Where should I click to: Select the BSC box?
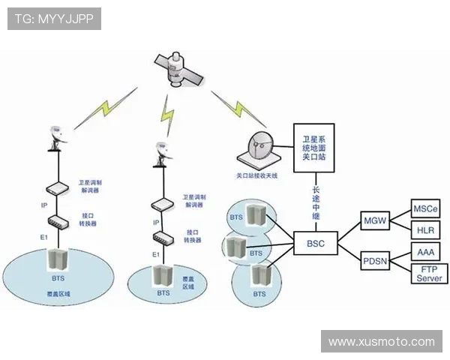tap(316, 244)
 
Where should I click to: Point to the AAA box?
tap(425, 252)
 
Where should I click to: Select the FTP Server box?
tap(430, 273)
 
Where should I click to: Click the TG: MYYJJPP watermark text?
tap(54, 19)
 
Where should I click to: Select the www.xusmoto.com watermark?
tap(382, 341)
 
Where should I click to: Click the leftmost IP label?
tap(43, 204)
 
